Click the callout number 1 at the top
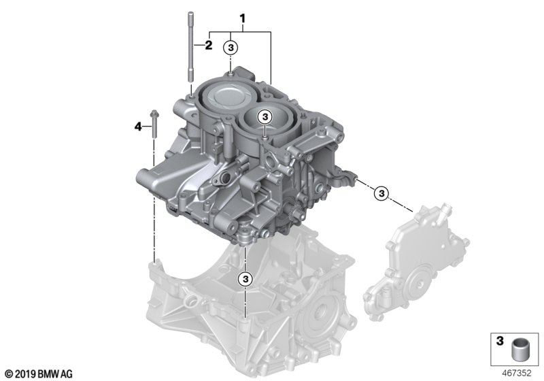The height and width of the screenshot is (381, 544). (x=243, y=18)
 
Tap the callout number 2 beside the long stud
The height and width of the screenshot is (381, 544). (x=209, y=45)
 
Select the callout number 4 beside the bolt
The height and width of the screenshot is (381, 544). (x=139, y=127)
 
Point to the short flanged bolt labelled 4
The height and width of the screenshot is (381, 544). (x=154, y=125)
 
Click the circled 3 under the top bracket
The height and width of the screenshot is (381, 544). (x=231, y=48)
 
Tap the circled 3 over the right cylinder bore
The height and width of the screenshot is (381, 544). (x=265, y=117)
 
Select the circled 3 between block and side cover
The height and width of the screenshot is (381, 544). (x=381, y=193)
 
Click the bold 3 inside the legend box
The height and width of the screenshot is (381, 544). (x=500, y=341)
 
